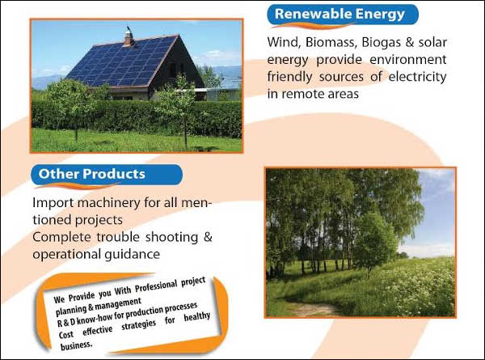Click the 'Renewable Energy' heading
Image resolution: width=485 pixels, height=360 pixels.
[x=339, y=15]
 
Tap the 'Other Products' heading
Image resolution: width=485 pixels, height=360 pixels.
[x=92, y=174]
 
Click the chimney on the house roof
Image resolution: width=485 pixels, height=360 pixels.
[x=129, y=37]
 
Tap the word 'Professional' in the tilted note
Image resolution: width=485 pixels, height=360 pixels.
[x=156, y=286]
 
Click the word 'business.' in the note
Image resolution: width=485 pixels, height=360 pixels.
[x=77, y=345]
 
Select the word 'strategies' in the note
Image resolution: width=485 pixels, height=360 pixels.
[x=138, y=326]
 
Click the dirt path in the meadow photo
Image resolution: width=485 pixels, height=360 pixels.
[x=312, y=307]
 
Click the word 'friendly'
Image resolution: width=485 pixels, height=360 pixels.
[x=289, y=77]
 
